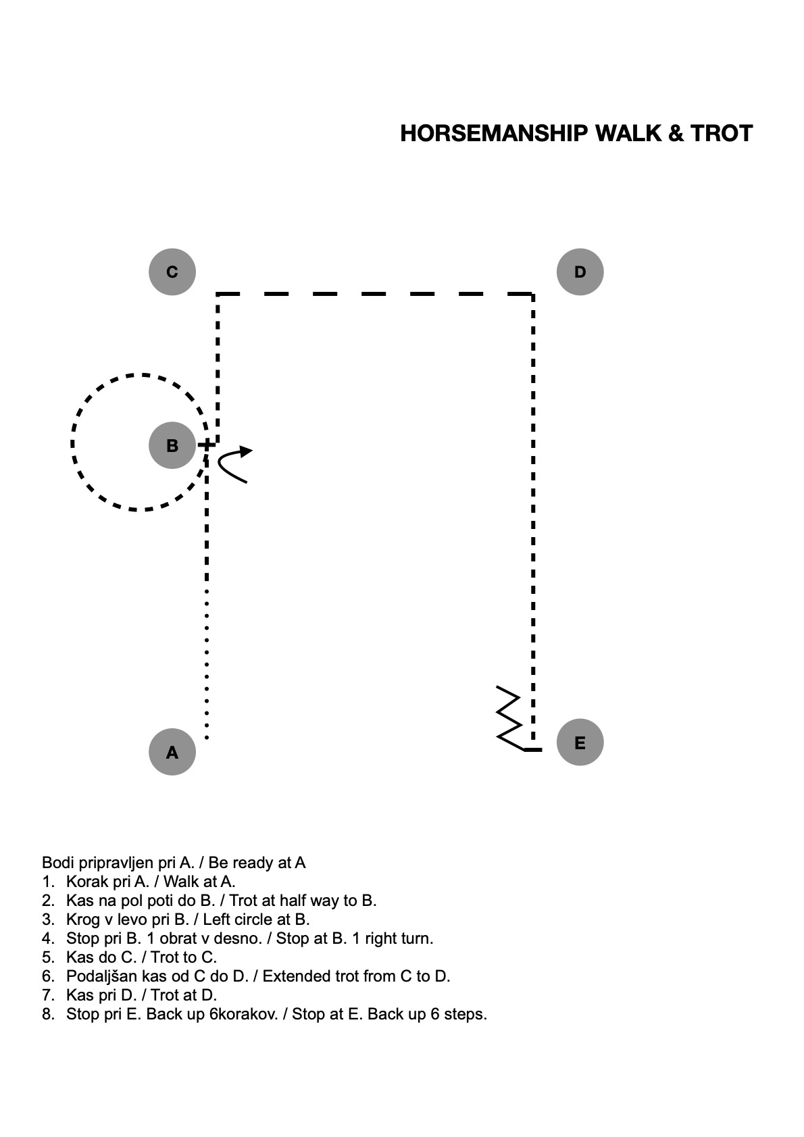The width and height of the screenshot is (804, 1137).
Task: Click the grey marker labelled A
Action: pyautogui.click(x=172, y=752)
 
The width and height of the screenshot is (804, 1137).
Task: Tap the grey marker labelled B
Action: pyautogui.click(x=172, y=445)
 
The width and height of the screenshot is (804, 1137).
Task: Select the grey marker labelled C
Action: pyautogui.click(x=172, y=272)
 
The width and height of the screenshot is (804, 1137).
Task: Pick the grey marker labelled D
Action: pyautogui.click(x=580, y=272)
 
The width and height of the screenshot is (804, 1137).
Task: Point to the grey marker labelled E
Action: pyautogui.click(x=580, y=742)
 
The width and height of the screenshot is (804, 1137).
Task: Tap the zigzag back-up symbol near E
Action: pyautogui.click(x=509, y=717)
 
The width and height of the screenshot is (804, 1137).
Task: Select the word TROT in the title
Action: pyautogui.click(x=722, y=134)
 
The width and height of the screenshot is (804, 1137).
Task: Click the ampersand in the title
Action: pyautogui.click(x=676, y=134)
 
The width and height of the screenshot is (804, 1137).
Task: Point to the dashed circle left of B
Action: pyautogui.click(x=72, y=443)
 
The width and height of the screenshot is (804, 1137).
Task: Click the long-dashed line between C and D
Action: pyautogui.click(x=374, y=294)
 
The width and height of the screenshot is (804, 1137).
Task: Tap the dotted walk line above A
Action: pyautogui.click(x=207, y=664)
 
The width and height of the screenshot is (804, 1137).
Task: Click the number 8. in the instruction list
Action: pyautogui.click(x=48, y=1013)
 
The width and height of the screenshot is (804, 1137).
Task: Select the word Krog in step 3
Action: pyautogui.click(x=82, y=919)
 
